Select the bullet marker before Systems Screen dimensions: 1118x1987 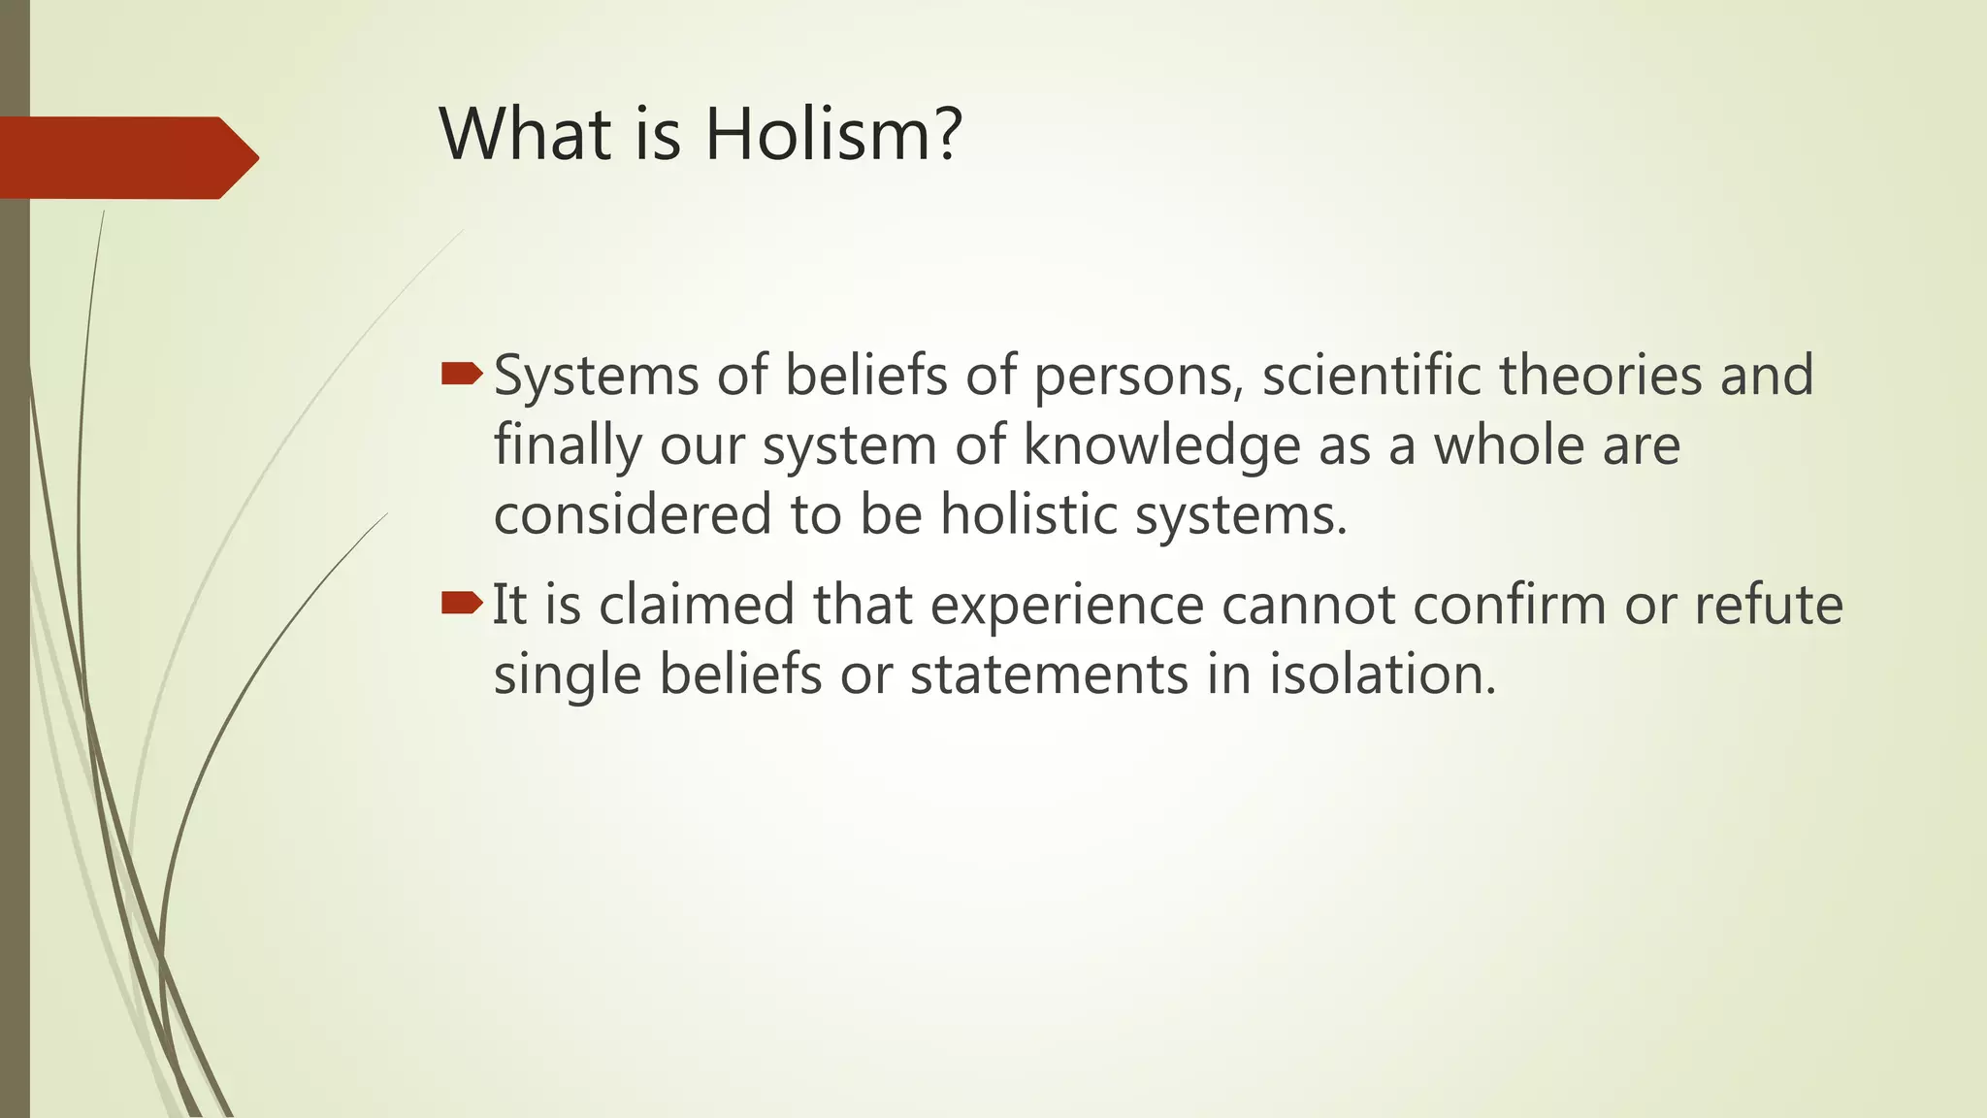click(x=462, y=374)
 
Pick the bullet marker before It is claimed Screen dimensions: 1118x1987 click(x=462, y=604)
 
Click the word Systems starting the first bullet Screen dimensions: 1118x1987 click(x=596, y=377)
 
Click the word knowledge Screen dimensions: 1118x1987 click(x=1161, y=446)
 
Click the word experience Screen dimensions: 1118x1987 click(x=1067, y=607)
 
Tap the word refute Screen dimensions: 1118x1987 click(x=1768, y=605)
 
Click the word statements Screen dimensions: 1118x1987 click(x=1049, y=674)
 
